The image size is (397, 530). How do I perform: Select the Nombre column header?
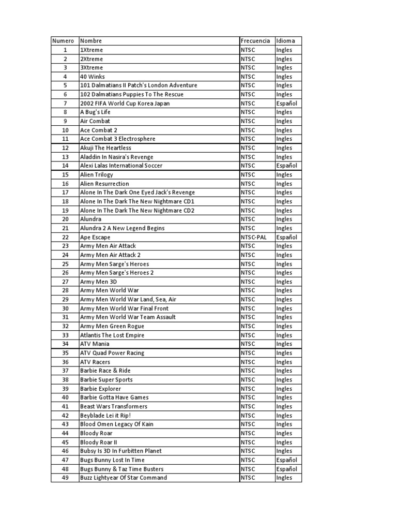[x=91, y=41]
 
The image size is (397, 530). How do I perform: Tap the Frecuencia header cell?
[x=255, y=41]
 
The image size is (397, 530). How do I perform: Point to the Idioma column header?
[x=286, y=41]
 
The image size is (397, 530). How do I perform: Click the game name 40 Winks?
[x=93, y=77]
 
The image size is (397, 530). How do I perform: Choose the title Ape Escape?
[x=96, y=237]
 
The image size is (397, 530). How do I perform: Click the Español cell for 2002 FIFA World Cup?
[x=287, y=104]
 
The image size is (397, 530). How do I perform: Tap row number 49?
[x=65, y=478]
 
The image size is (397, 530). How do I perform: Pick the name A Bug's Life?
[x=96, y=112]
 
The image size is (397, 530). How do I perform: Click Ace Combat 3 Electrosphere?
[x=117, y=139]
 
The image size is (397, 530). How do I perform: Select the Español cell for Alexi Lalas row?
[x=287, y=166]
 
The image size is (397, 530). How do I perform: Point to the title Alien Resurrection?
[x=104, y=184]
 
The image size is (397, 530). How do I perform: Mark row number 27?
[x=65, y=282]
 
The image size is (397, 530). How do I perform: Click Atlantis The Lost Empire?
[x=112, y=335]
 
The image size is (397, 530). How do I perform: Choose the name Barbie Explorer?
[x=100, y=389]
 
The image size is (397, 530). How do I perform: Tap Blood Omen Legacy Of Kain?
[x=117, y=424]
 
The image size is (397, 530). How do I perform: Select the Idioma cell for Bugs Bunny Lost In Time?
[x=287, y=460]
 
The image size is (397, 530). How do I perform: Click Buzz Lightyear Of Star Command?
[x=124, y=478]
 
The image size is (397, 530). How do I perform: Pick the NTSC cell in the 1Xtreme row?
[x=248, y=50]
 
